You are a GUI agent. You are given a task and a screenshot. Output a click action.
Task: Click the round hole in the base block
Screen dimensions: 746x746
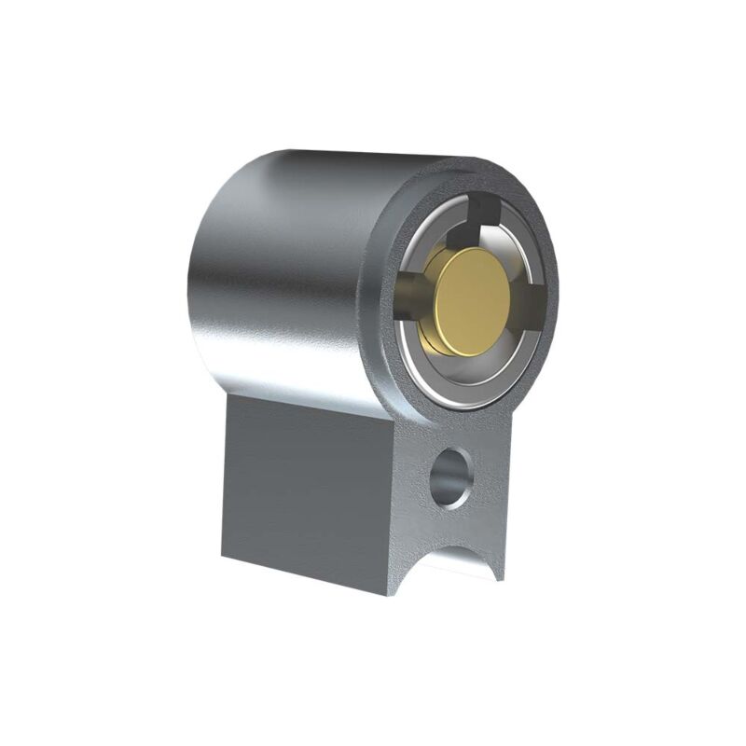click(x=451, y=477)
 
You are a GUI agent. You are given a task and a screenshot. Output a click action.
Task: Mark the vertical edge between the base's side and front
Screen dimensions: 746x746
click(x=393, y=504)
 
